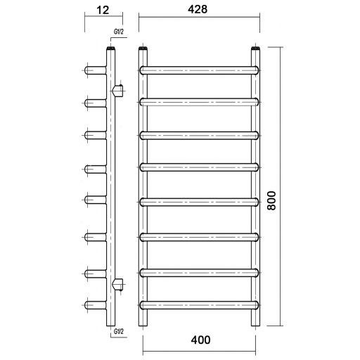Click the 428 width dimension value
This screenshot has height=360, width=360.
point(198,9)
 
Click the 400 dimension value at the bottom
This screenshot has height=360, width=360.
point(200,340)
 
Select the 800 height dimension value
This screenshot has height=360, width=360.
point(272,200)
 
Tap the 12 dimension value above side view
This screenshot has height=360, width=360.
point(103,10)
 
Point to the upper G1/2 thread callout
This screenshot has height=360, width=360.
point(119,32)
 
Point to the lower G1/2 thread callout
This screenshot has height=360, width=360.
point(119,331)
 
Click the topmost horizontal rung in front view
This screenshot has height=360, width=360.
point(199,70)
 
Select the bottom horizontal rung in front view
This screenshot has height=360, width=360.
point(199,305)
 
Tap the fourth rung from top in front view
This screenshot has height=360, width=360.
point(199,167)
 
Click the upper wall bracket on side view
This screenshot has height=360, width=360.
point(117,91)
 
